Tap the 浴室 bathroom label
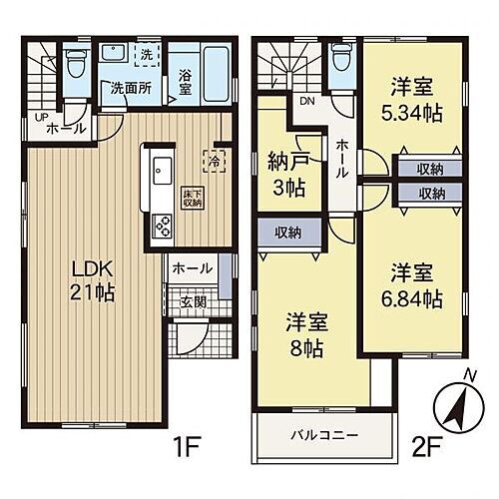click(x=186, y=82)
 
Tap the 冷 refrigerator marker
click(x=214, y=157)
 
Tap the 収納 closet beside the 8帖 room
click(x=289, y=233)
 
